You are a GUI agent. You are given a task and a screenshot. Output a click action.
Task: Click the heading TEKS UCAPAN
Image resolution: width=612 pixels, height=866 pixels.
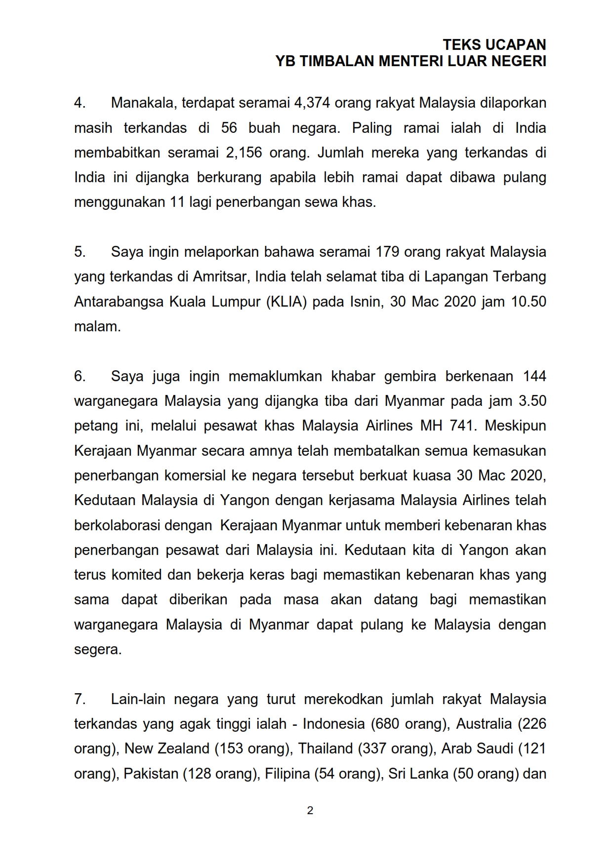(x=494, y=45)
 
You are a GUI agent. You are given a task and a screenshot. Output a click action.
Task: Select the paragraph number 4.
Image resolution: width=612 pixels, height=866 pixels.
(x=80, y=103)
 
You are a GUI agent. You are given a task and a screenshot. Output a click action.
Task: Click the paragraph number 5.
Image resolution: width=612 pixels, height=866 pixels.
(x=80, y=252)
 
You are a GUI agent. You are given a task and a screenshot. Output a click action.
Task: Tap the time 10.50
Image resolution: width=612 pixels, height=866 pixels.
(x=529, y=301)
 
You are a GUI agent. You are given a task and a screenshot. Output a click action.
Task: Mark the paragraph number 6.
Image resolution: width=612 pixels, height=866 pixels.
(x=80, y=376)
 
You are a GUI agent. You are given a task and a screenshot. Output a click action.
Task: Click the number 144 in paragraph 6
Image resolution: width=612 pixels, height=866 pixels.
(x=534, y=376)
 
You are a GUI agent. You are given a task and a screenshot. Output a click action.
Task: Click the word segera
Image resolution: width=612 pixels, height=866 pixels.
(x=97, y=649)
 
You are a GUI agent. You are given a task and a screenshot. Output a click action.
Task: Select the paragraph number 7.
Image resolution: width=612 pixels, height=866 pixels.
(x=80, y=699)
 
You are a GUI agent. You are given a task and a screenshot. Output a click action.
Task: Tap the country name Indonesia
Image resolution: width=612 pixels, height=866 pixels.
(x=334, y=724)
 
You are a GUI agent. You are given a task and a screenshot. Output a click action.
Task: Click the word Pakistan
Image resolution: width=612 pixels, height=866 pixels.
(x=151, y=773)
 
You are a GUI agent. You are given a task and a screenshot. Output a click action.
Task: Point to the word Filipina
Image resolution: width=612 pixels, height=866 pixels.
(x=287, y=773)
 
